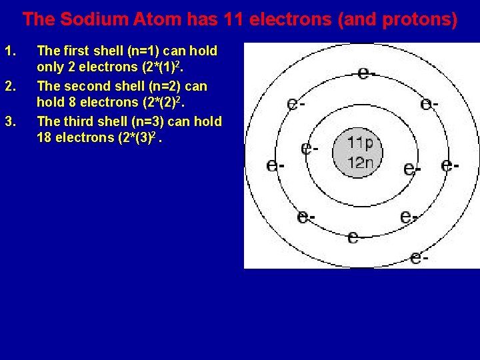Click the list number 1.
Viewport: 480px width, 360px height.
point(9,51)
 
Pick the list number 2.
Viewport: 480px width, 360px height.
point(9,86)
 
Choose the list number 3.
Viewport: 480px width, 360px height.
point(9,121)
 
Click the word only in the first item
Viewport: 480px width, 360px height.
point(49,67)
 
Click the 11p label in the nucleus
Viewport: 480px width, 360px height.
point(360,143)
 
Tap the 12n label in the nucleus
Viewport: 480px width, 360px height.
point(360,163)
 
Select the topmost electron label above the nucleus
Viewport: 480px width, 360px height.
point(365,73)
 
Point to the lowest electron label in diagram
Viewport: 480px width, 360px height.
point(419,257)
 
